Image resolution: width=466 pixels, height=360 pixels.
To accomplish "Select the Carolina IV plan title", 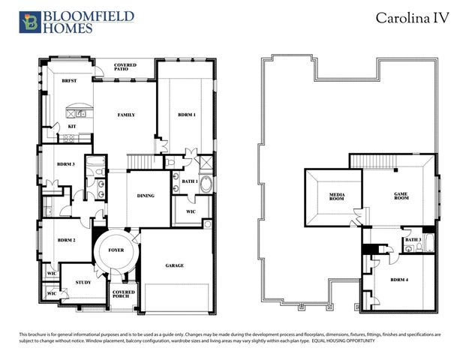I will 413,19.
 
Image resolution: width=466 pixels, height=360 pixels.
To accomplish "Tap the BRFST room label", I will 70,79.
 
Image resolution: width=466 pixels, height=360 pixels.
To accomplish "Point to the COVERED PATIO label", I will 125,68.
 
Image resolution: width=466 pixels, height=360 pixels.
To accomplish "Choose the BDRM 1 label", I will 186,115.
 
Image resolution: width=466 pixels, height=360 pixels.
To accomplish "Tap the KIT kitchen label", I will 72,126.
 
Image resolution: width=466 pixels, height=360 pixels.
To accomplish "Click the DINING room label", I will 146,196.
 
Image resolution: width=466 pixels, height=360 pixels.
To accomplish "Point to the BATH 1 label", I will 189,181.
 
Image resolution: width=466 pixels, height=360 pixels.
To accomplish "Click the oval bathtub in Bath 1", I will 206,184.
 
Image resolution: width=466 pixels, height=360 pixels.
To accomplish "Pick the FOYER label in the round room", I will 116,250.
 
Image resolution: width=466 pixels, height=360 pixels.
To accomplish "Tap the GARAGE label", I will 174,265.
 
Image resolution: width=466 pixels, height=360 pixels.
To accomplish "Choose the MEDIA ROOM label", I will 337,197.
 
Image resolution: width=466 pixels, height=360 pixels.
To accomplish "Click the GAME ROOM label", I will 401,196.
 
